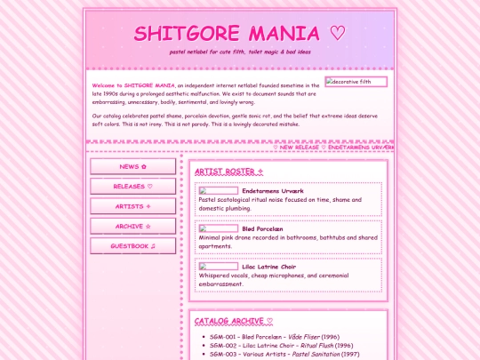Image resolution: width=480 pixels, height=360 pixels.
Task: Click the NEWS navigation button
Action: pos(132,166)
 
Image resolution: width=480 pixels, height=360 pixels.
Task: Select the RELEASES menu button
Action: pos(132,187)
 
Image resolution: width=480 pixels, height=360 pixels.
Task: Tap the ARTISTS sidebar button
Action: pos(132,206)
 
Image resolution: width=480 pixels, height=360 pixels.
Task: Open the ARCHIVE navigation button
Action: pos(132,227)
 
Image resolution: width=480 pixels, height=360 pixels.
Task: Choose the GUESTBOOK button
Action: pos(132,246)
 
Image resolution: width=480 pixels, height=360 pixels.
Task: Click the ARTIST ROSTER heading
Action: pos(228,171)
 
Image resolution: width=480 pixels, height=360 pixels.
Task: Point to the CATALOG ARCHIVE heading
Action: pos(234,321)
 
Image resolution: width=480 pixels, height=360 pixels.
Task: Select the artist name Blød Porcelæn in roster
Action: pos(268,228)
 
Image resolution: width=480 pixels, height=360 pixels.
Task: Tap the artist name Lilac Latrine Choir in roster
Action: pos(276,267)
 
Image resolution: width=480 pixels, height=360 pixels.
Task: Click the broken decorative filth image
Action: pos(356,82)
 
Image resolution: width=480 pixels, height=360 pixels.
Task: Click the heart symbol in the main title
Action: pos(337,34)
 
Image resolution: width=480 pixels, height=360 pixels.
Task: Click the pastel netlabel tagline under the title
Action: pos(240,52)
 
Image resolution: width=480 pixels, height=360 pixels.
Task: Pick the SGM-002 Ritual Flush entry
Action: pos(278,345)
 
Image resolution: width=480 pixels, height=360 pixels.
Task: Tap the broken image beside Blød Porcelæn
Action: pos(218,228)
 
